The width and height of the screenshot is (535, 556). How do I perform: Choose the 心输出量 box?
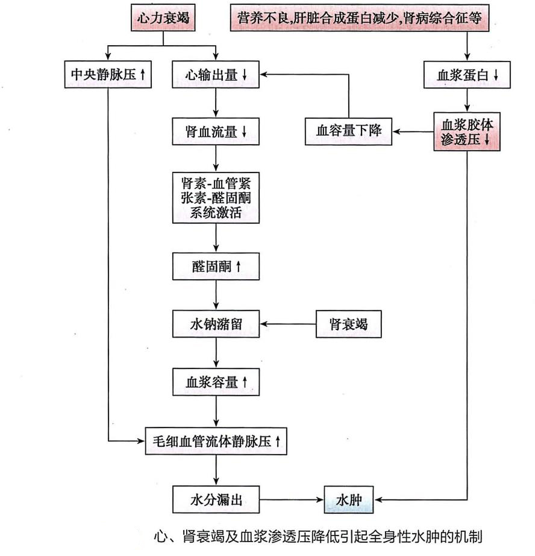pyautogui.click(x=216, y=75)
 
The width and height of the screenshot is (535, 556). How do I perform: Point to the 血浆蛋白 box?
pyautogui.click(x=467, y=75)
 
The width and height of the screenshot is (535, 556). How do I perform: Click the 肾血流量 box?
pyautogui.click(x=216, y=131)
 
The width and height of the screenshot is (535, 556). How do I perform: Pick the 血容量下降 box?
pyautogui.click(x=348, y=131)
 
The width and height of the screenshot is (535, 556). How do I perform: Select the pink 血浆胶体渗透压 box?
pyautogui.click(x=467, y=131)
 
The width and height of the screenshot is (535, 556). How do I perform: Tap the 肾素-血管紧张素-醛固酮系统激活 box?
pyautogui.click(x=216, y=198)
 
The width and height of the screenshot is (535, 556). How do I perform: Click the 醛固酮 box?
pyautogui.click(x=216, y=266)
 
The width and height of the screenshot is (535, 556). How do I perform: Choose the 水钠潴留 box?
pyautogui.click(x=216, y=324)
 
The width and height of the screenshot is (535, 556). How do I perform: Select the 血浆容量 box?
pyautogui.click(x=216, y=382)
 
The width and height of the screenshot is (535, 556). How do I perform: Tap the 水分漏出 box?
pyautogui.click(x=216, y=499)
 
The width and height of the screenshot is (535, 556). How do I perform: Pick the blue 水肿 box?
pyautogui.click(x=349, y=499)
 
